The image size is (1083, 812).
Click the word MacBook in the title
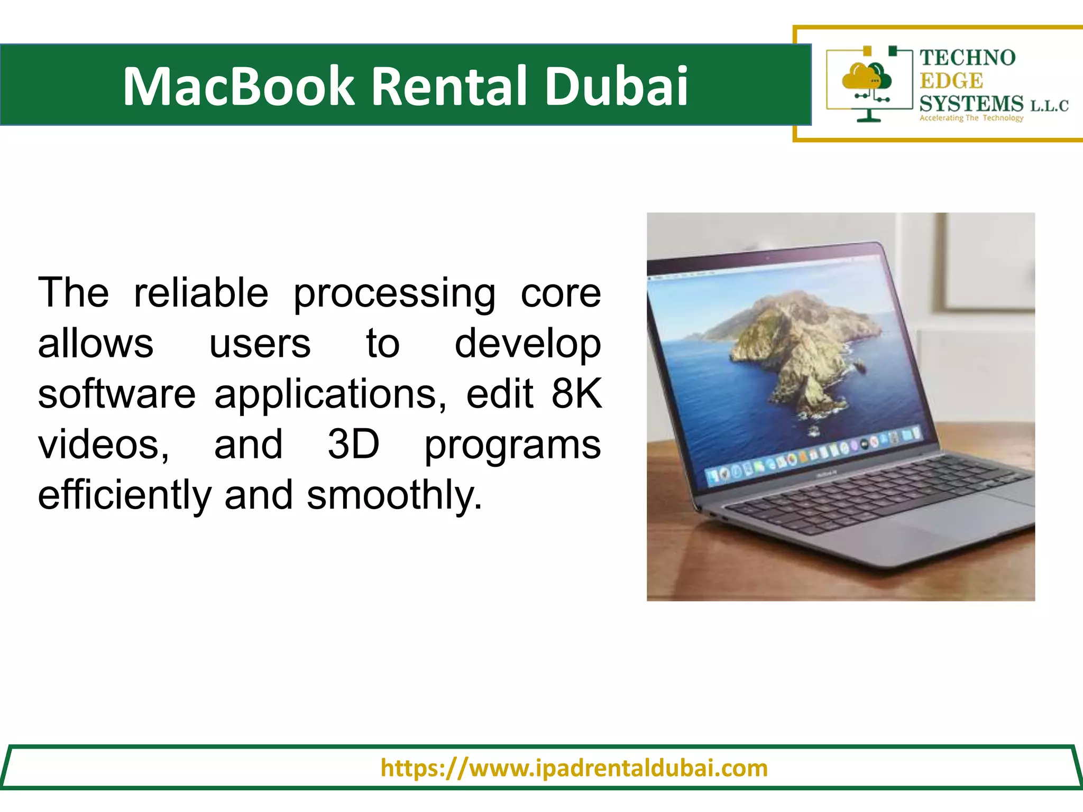coord(238,86)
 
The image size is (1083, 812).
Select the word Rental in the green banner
coord(449,86)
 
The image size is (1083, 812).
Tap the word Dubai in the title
coord(616,86)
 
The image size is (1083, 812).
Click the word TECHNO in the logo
coord(967,58)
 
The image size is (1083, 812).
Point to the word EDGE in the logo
coord(951,81)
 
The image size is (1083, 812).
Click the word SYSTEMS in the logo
coord(971,103)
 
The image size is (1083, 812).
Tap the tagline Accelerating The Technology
coord(971,118)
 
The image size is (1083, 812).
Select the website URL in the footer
coord(574,768)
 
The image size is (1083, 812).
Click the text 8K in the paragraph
coord(576,394)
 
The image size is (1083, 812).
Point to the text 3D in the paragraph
coord(353,444)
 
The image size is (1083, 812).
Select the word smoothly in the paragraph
coord(394,496)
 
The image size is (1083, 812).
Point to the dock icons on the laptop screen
coord(814,455)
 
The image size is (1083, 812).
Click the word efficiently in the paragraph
coord(124,496)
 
